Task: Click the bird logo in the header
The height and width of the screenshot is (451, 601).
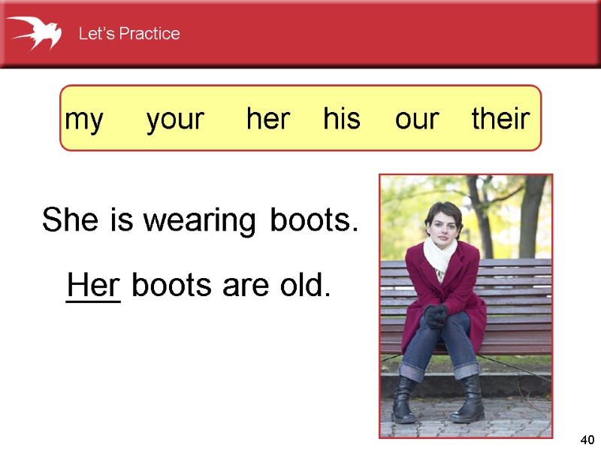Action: pos(35,33)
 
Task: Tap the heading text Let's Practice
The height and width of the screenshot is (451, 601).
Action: pos(129,34)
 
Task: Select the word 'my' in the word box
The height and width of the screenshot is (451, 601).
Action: pos(84,120)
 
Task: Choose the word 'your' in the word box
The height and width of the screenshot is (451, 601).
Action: pos(175,120)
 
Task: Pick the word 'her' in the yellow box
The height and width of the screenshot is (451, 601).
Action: pos(268,119)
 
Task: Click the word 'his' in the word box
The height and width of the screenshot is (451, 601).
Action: pos(342,119)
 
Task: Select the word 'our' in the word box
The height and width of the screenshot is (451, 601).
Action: pos(417,120)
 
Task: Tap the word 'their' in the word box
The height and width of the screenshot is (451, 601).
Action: pos(500,119)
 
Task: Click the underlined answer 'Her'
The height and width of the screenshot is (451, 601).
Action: pos(93,286)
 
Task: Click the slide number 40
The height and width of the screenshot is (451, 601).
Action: pos(587,440)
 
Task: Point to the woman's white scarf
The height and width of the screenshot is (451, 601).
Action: pos(440,256)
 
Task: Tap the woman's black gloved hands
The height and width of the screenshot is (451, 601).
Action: pos(435,316)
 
